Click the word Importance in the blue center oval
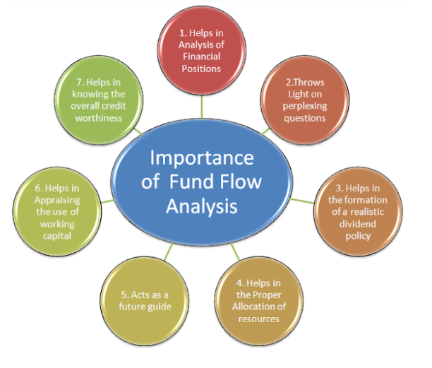[201, 158]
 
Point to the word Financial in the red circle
[202, 57]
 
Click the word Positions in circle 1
[201, 69]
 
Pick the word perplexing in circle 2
[305, 106]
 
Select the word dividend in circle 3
[358, 224]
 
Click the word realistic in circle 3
[367, 212]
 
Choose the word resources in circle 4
[258, 319]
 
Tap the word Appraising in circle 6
[57, 201]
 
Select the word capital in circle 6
[57, 236]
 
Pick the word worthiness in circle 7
[99, 118]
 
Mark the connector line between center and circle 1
[202, 107]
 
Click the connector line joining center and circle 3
[302, 201]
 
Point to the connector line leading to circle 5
[168, 252]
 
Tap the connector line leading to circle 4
[235, 251]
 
